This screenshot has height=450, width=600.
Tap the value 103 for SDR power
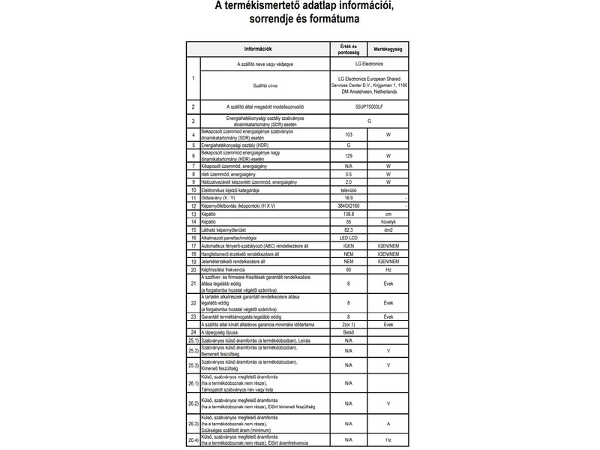[x=349, y=135]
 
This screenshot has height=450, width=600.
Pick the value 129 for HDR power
[x=349, y=155]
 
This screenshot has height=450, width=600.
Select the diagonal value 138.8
[x=349, y=214]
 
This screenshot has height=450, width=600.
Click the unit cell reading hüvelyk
[x=388, y=223]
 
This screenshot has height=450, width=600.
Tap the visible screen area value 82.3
[x=349, y=230]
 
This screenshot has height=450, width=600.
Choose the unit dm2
[x=388, y=230]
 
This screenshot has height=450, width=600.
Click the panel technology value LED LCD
[x=349, y=238]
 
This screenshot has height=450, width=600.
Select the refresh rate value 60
[x=349, y=268]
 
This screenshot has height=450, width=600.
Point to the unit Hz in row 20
[x=388, y=268]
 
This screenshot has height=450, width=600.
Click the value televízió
[x=349, y=190]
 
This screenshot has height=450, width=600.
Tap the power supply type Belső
[x=349, y=331]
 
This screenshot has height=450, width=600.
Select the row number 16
[x=193, y=238]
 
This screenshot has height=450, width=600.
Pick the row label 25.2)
[x=193, y=351]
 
